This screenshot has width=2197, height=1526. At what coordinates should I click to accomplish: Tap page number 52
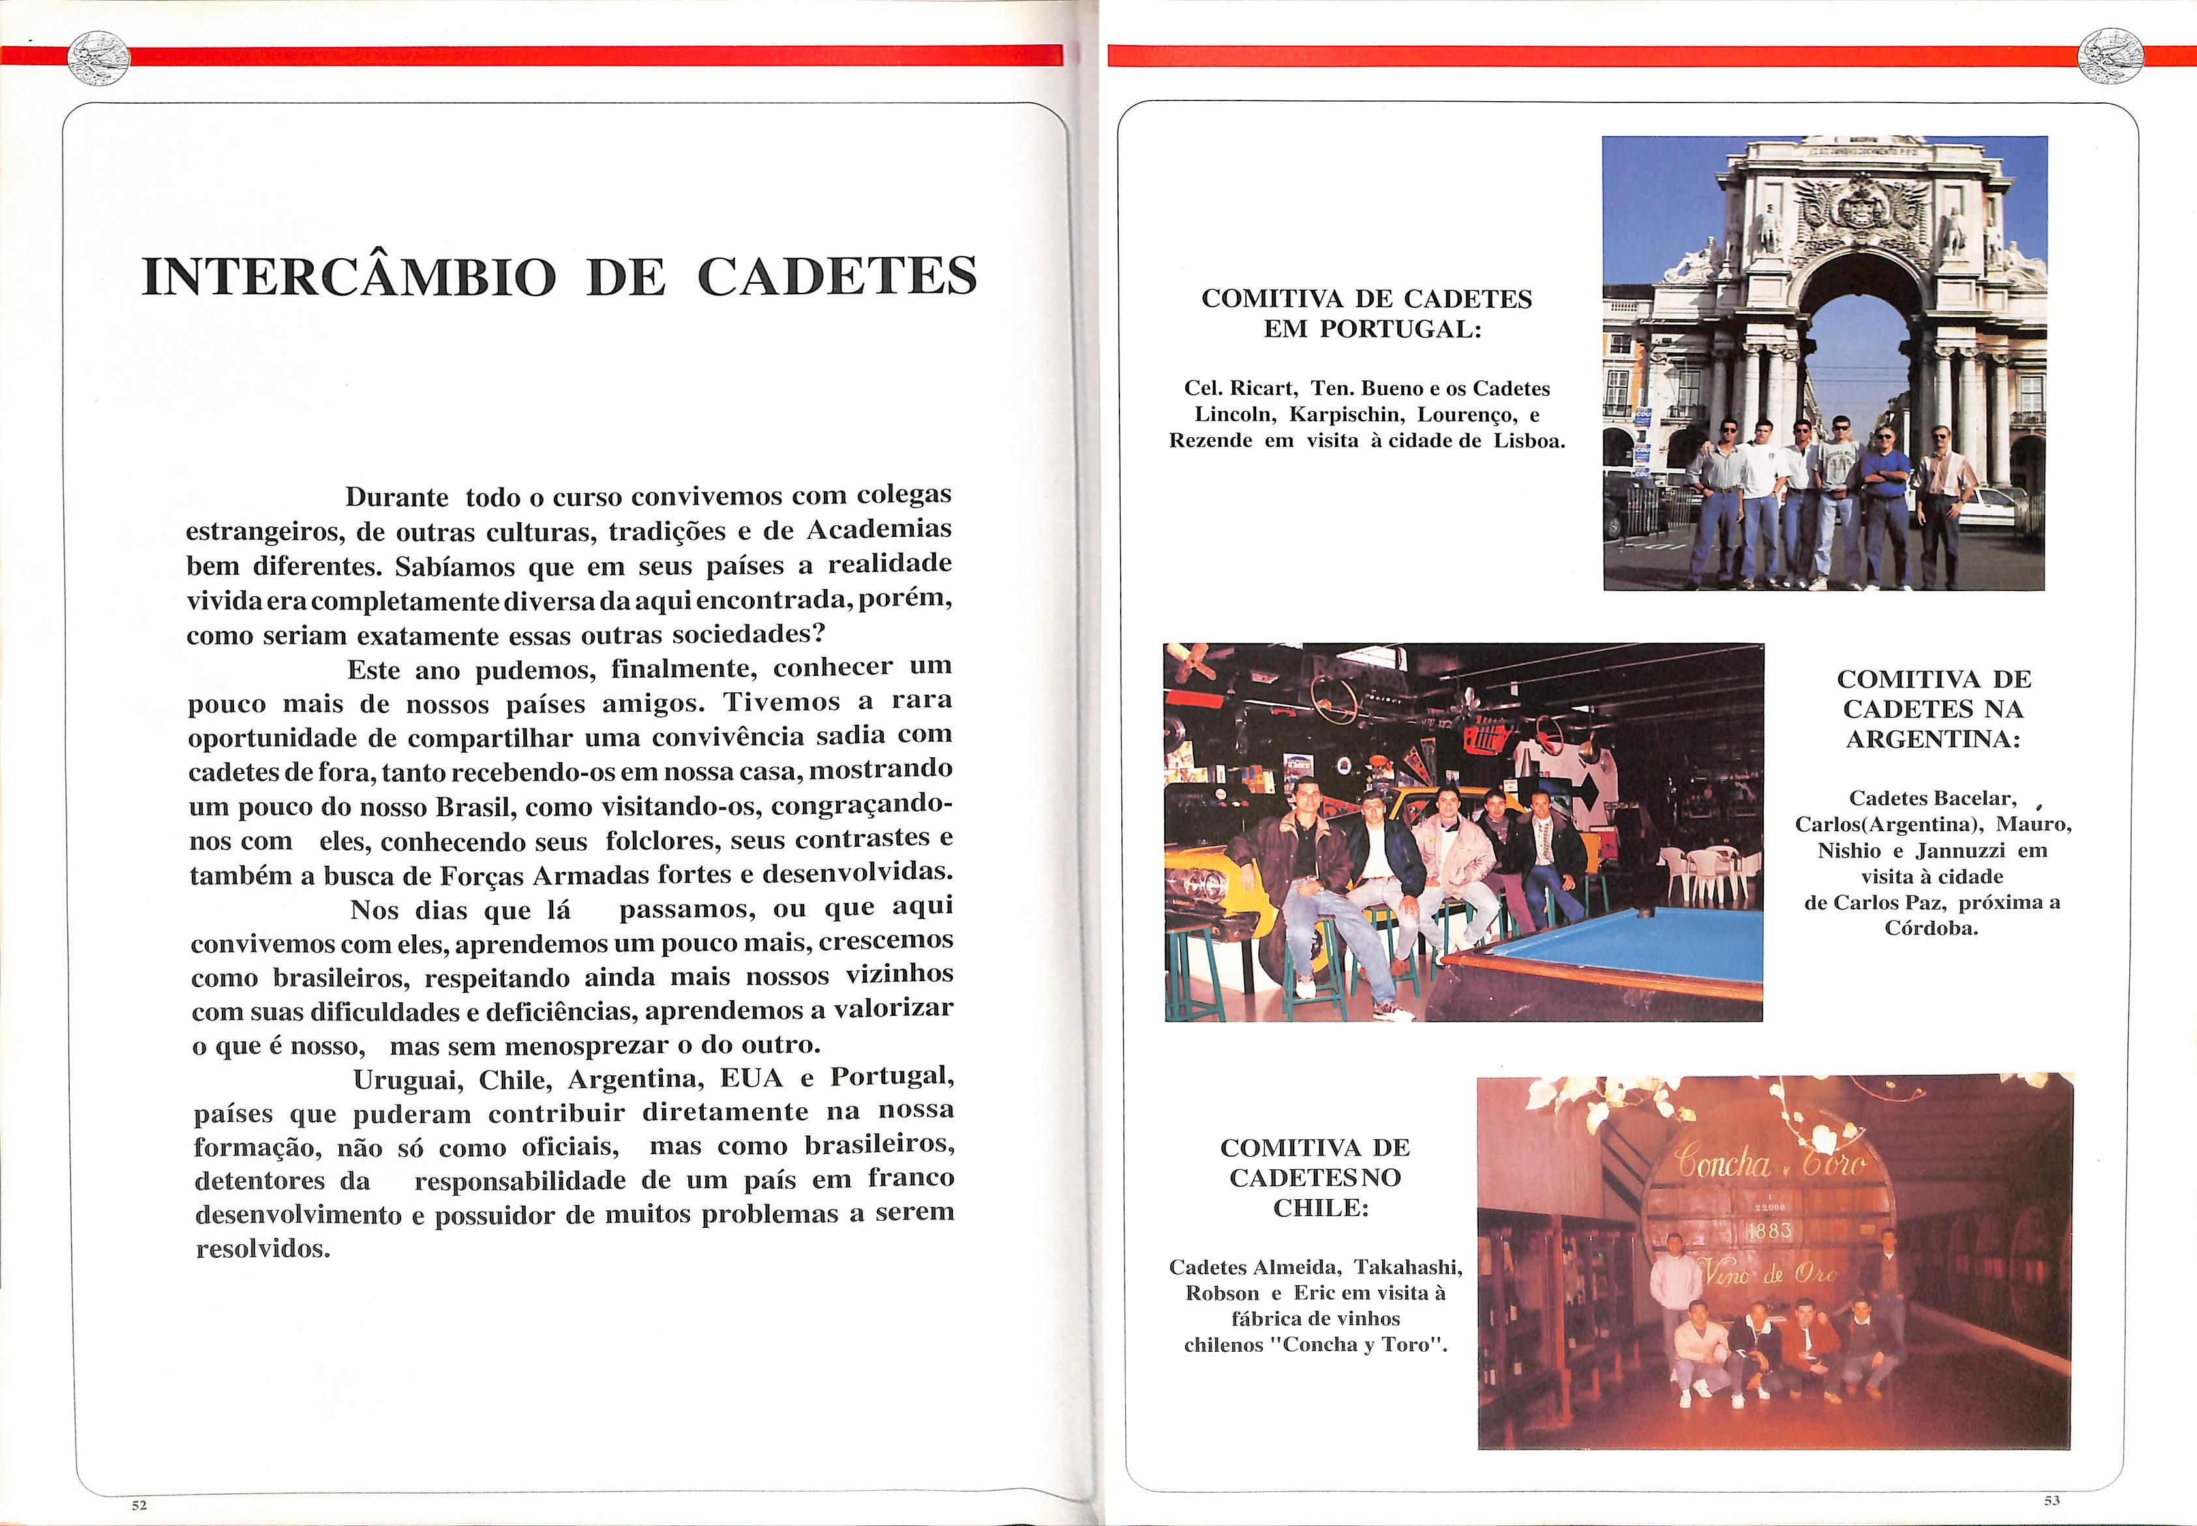click(x=140, y=1505)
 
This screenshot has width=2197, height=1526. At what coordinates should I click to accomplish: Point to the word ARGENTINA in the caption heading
click(x=1932, y=740)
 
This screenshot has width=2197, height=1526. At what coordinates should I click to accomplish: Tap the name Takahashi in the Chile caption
click(x=1408, y=1268)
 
